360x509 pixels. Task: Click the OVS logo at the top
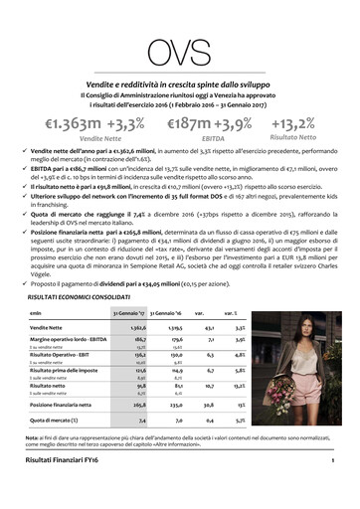tap(179, 47)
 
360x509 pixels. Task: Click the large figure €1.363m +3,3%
tap(93, 124)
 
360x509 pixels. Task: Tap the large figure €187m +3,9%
tap(212, 124)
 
